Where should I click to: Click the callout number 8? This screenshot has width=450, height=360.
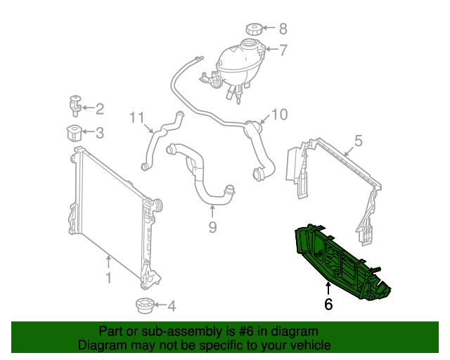(x=283, y=29)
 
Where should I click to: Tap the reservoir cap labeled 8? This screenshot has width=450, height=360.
(x=255, y=30)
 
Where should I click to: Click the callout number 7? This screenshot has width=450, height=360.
(x=283, y=50)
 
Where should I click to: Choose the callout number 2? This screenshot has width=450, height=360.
(x=99, y=108)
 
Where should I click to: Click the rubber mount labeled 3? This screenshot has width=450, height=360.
(x=74, y=131)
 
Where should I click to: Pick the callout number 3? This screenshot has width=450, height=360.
(x=99, y=132)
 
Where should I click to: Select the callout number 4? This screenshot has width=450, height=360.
(x=171, y=305)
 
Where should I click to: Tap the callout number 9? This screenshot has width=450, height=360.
(x=212, y=226)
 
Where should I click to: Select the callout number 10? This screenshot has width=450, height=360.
(x=279, y=114)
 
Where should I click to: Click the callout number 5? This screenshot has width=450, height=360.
(x=358, y=141)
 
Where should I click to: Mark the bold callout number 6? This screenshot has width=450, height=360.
(x=328, y=304)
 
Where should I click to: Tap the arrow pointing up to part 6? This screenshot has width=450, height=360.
(x=328, y=288)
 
